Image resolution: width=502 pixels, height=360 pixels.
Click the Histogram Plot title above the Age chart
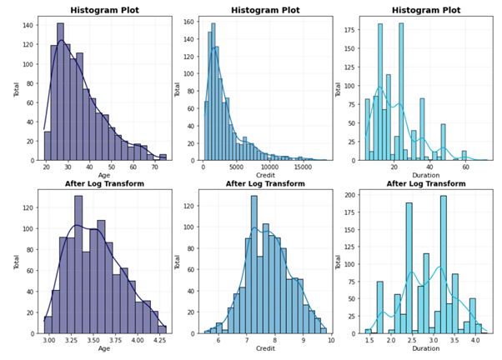[104, 11]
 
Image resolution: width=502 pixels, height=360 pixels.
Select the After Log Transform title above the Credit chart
[264, 184]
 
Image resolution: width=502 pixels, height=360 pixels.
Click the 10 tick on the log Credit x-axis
[330, 341]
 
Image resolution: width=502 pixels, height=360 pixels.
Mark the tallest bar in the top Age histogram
[60, 92]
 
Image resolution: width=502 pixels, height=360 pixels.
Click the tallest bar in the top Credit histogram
[213, 92]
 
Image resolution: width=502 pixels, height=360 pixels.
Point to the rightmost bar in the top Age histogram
[163, 157]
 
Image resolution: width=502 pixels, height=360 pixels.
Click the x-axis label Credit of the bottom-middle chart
[265, 351]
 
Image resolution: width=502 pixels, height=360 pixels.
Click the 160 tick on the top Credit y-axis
[188, 22]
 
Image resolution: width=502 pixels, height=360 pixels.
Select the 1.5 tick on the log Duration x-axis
[368, 341]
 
